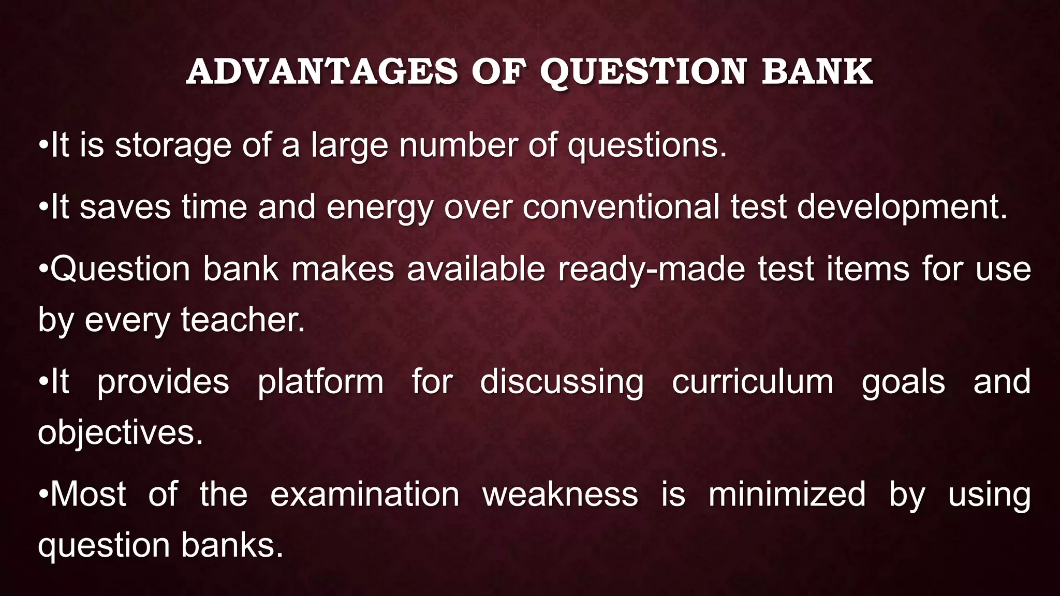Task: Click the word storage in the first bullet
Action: click(173, 145)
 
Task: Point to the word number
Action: click(458, 145)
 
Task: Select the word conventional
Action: click(621, 207)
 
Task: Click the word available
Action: click(476, 269)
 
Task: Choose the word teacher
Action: click(243, 320)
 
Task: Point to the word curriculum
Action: click(753, 382)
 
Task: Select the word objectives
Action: click(120, 433)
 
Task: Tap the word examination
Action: click(364, 494)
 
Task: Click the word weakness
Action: click(560, 494)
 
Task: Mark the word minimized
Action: click(787, 494)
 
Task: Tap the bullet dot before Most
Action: click(43, 494)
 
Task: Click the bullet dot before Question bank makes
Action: click(43, 269)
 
